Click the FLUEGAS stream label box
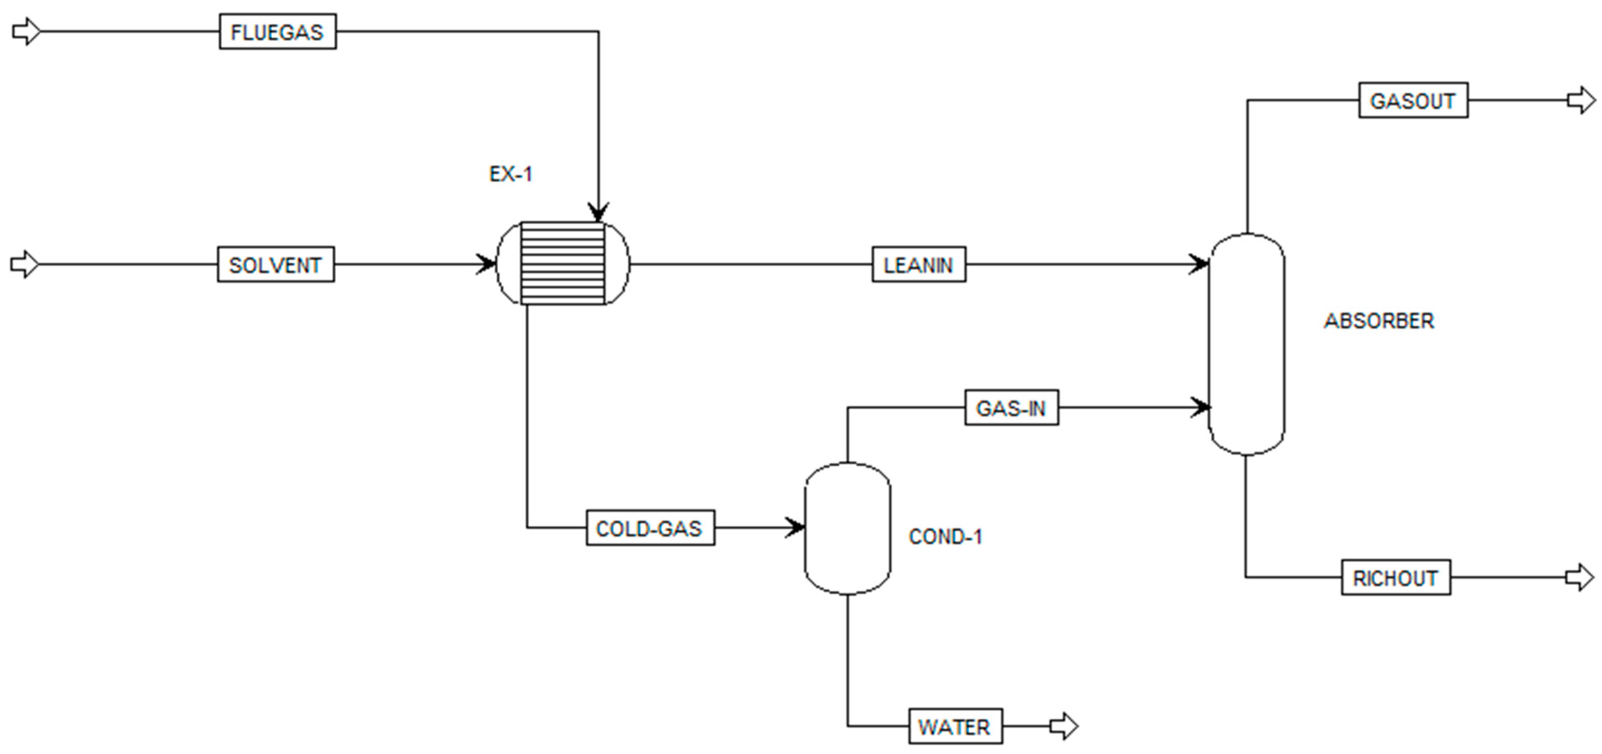(x=278, y=32)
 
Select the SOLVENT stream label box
(x=275, y=265)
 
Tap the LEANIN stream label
(x=918, y=265)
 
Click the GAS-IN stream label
(x=1011, y=408)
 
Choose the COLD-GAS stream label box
(x=650, y=528)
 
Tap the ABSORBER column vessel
(x=1246, y=344)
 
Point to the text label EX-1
(x=511, y=174)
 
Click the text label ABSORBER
(x=1379, y=321)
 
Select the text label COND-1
(x=945, y=537)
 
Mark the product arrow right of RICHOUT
(x=1580, y=577)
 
